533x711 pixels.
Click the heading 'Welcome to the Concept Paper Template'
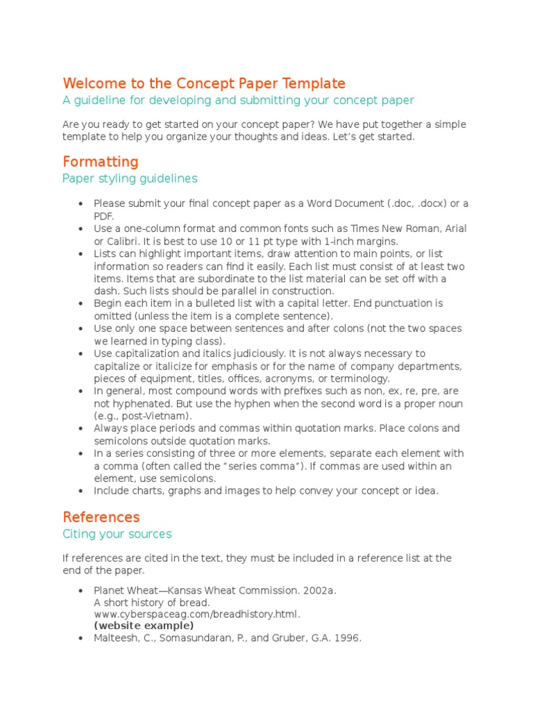coord(203,83)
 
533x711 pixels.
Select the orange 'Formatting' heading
coord(101,162)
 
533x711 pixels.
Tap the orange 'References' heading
coord(101,517)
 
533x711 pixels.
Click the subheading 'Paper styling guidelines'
coord(130,178)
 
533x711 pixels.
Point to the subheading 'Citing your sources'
coord(117,534)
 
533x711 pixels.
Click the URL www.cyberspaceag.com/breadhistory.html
coord(197,614)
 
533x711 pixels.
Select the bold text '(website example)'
coord(144,626)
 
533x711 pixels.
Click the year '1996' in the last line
coord(348,638)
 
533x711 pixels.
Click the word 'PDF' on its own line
coord(103,216)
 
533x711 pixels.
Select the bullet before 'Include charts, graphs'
coord(81,491)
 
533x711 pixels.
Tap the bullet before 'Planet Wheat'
coord(81,590)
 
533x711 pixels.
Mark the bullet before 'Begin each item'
coord(81,303)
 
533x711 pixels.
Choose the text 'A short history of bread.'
coord(151,602)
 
